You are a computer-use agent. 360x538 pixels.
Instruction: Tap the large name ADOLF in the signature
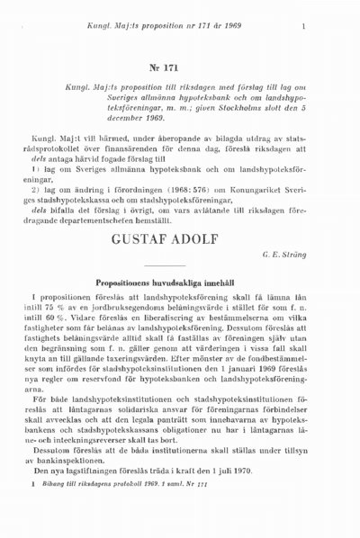[x=216, y=240]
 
